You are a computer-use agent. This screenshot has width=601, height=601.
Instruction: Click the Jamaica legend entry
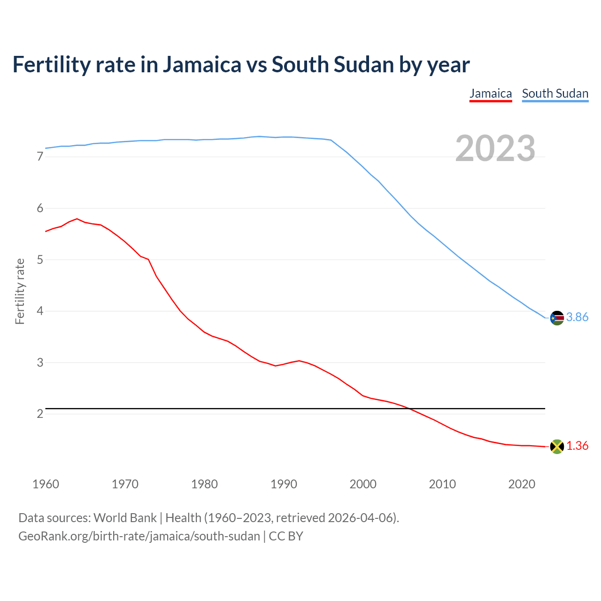tap(491, 93)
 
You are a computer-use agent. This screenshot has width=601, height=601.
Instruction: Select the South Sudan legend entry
tap(555, 93)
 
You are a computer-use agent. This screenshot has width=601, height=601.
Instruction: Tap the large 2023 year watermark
tap(495, 148)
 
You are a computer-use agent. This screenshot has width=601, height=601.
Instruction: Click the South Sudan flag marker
tap(556, 318)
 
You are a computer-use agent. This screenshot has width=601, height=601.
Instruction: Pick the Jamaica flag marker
tap(556, 447)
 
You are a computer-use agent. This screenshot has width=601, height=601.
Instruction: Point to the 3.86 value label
tap(577, 317)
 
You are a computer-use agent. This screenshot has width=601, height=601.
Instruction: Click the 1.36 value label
tap(577, 446)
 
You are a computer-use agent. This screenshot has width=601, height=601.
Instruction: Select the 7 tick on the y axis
tap(40, 157)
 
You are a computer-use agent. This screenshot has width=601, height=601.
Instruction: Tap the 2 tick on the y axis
tap(40, 414)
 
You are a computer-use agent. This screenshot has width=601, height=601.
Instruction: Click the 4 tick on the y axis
tap(40, 311)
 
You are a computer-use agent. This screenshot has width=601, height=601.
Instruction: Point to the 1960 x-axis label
tap(46, 484)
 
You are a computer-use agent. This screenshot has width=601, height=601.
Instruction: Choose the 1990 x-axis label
tap(284, 484)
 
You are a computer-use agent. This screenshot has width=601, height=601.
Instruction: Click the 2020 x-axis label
tap(522, 484)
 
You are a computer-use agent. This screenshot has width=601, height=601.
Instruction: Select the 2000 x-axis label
tap(363, 484)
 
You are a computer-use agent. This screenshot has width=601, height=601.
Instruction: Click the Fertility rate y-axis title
tap(20, 291)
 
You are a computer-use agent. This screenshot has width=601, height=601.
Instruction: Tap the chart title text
tap(241, 65)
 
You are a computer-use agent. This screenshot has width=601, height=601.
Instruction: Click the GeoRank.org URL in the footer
tap(139, 536)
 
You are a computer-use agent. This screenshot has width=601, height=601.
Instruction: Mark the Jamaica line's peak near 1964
tap(77, 219)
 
